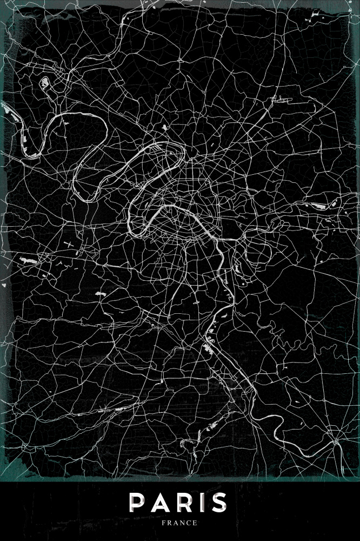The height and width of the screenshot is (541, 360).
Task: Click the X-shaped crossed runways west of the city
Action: (70, 245)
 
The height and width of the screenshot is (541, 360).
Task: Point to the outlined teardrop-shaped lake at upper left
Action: (44, 84)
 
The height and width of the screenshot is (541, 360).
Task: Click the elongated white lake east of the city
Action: (317, 206)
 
